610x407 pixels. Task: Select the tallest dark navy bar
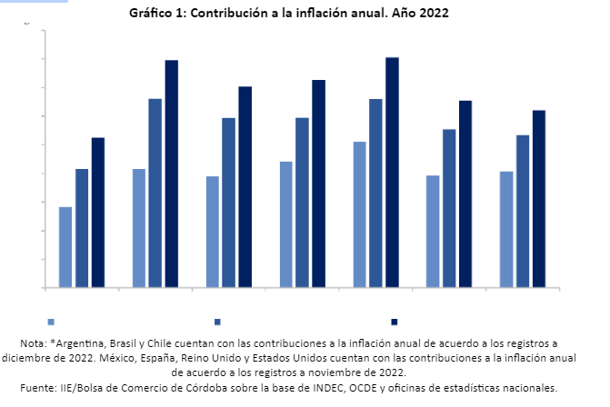click(392, 173)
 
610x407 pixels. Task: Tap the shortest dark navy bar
click(98, 213)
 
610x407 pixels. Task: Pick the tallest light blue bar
click(359, 214)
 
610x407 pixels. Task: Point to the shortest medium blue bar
click(82, 228)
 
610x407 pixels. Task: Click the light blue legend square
click(51, 322)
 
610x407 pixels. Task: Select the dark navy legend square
click(395, 322)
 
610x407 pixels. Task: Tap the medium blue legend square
click(218, 322)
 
